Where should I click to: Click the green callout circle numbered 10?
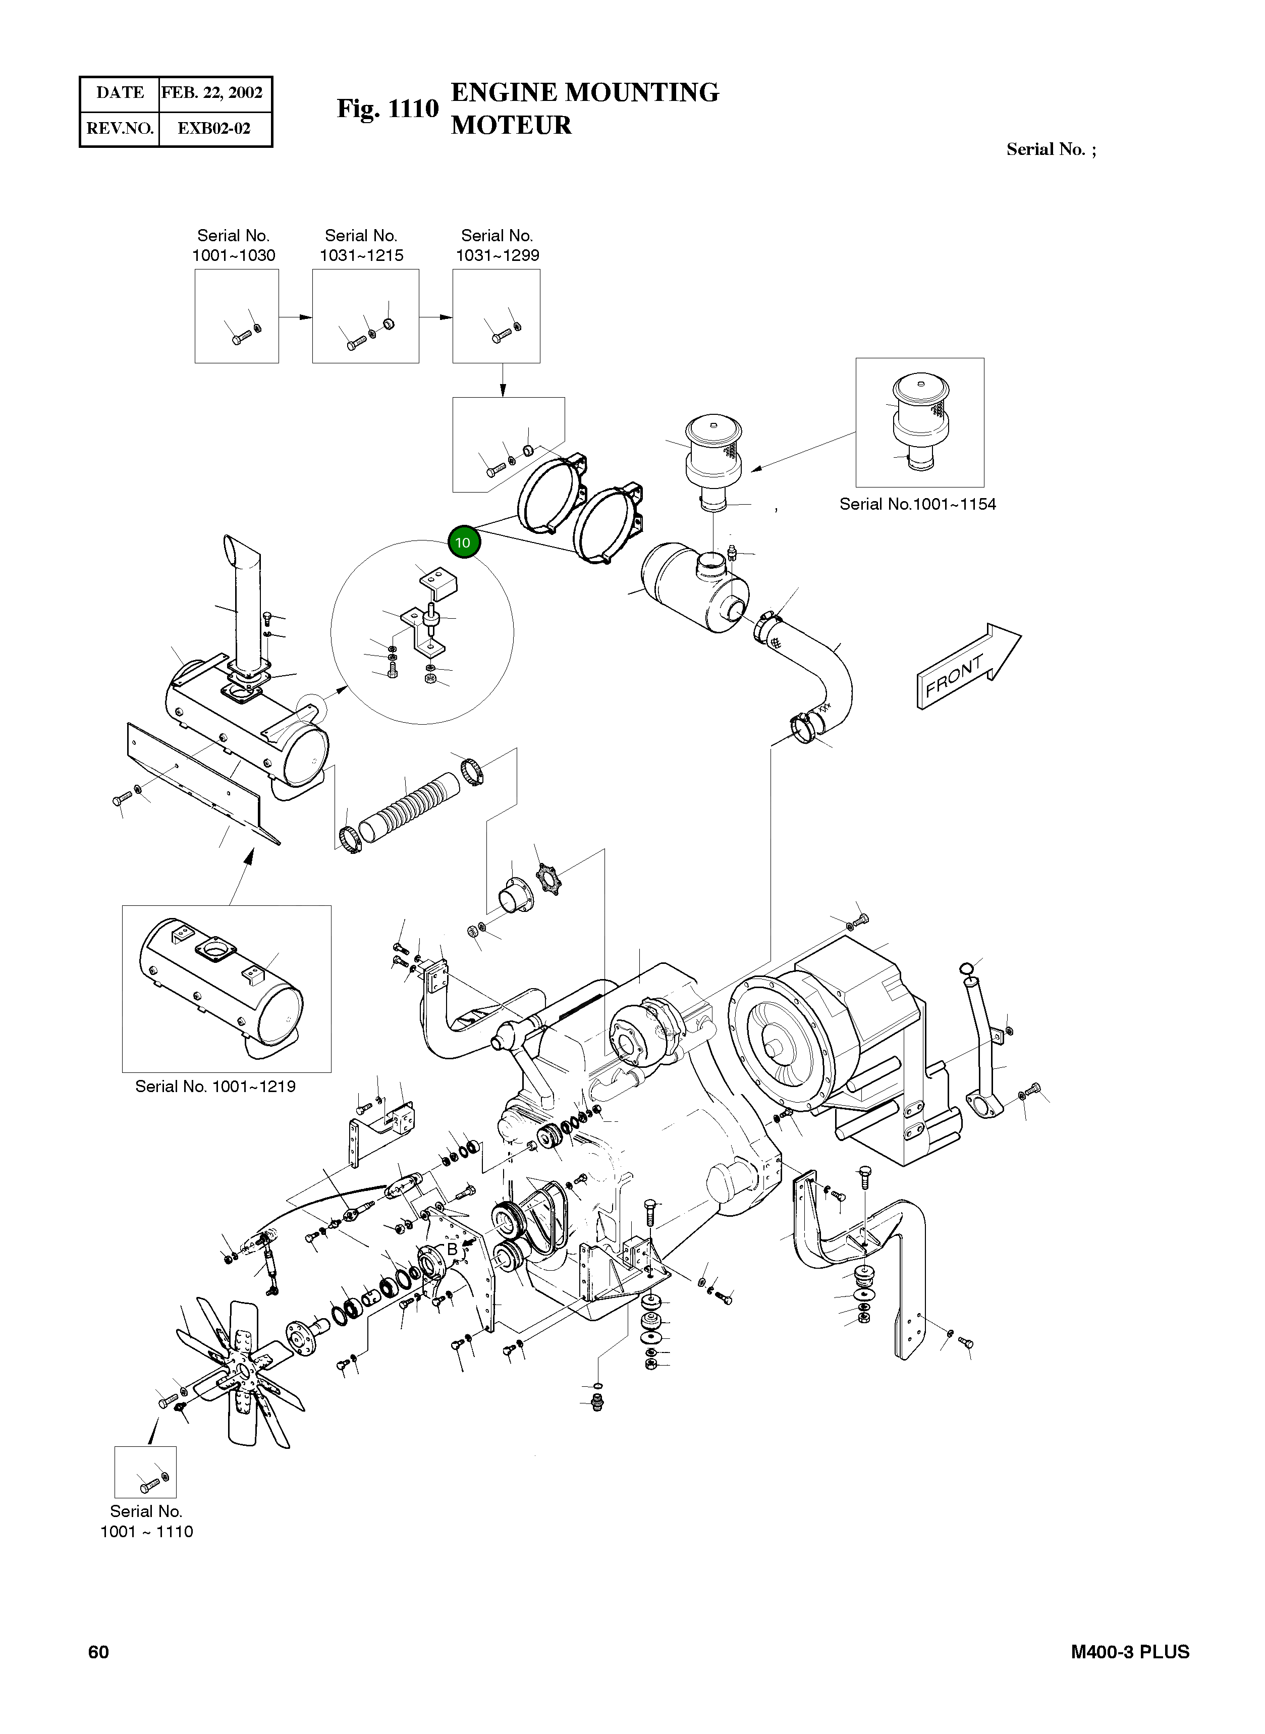click(x=463, y=543)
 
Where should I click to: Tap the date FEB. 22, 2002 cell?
click(x=212, y=93)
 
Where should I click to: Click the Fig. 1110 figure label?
click(x=388, y=109)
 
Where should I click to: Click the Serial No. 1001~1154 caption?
click(x=917, y=505)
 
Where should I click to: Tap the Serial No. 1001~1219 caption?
click(x=215, y=1086)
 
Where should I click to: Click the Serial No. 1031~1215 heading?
click(x=361, y=245)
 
